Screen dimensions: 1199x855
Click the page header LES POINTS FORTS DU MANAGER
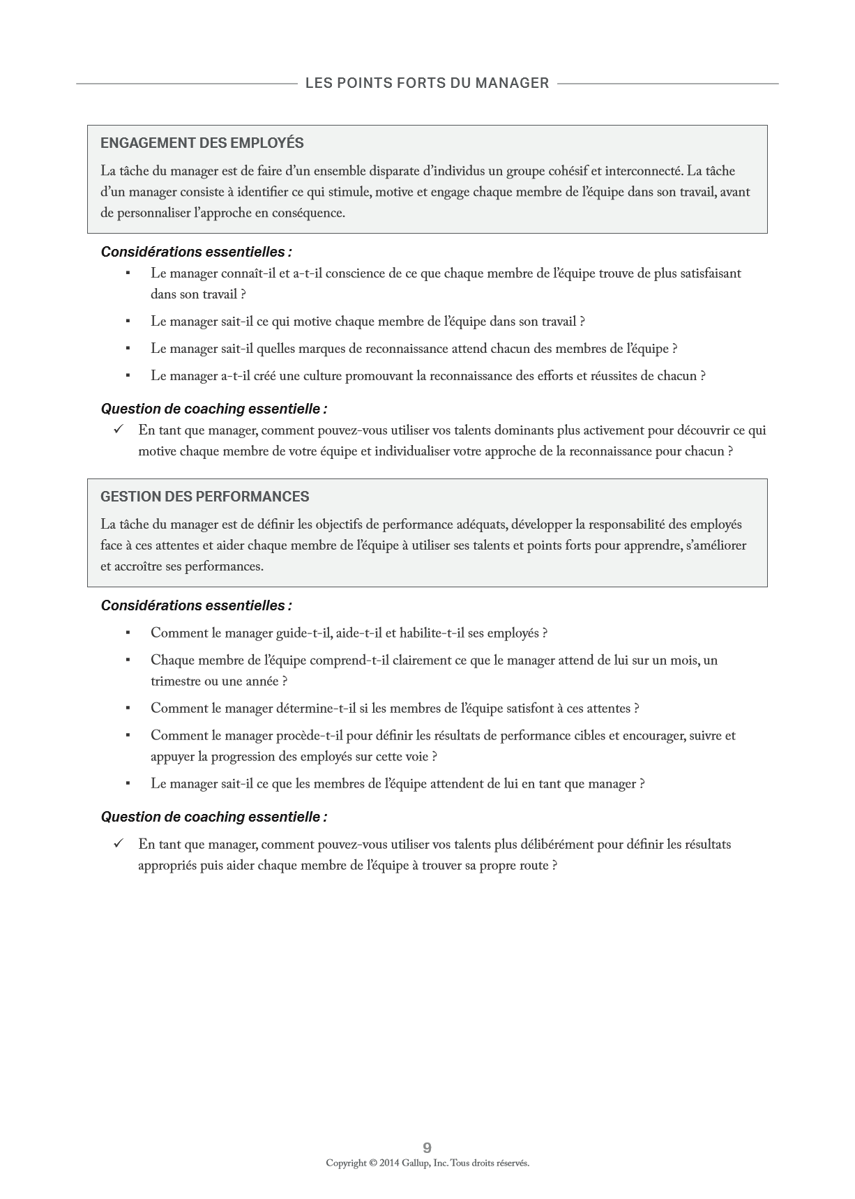427,83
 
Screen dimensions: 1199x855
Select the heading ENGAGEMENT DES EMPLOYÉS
202,143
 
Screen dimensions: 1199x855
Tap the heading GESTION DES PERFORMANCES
204,497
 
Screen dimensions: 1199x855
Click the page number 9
427,1147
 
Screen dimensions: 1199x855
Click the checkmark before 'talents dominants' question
118,430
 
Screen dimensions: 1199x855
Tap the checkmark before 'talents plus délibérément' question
118,843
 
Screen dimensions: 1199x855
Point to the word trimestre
175,681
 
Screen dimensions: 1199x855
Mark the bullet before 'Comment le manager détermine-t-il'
128,708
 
